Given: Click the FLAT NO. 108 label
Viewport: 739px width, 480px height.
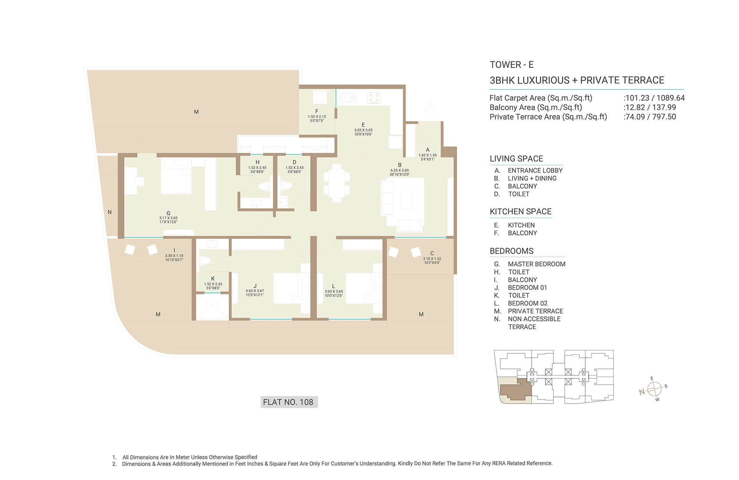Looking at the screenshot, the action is (288, 402).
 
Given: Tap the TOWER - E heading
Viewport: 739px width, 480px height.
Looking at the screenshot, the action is (512, 65).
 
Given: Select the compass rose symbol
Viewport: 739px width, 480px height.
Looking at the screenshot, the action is (654, 389).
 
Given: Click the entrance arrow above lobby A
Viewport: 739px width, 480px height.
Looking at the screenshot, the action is (429, 110).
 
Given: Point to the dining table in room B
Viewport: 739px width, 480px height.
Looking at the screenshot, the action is (337, 183).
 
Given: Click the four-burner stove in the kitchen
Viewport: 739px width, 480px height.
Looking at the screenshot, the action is (374, 97).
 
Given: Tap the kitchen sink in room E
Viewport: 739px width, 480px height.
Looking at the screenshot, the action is (349, 97).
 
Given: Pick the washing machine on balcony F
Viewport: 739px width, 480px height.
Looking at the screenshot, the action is (320, 97).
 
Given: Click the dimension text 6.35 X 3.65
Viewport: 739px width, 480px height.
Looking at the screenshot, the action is (399, 171).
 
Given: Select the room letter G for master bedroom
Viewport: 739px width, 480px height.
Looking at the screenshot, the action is (168, 213).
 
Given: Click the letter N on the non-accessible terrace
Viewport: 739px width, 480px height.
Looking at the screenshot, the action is (109, 212).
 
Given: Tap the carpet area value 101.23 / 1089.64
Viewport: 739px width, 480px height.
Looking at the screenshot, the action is (655, 98).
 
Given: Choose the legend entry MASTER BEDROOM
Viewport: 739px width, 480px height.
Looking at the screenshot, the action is (537, 264).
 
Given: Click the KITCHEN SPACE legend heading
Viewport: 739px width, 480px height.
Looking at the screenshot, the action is (521, 212).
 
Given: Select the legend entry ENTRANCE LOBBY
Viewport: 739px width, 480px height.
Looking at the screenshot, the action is (535, 171).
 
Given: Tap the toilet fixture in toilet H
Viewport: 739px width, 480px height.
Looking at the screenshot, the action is (265, 186).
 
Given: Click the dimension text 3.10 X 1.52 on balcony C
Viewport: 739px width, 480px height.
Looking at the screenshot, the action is (432, 259).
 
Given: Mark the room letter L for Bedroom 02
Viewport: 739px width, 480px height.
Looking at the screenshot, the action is (333, 286).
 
